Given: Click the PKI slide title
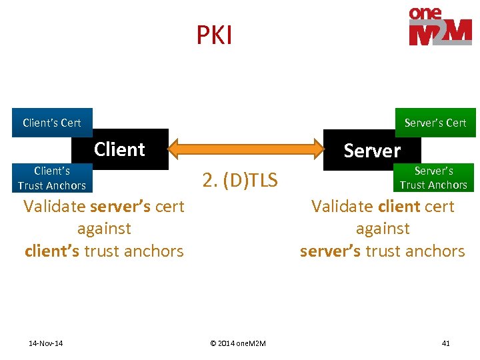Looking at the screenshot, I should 214,35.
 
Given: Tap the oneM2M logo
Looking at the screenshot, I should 440,27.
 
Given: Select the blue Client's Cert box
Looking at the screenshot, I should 52,123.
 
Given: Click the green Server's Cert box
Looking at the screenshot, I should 435,123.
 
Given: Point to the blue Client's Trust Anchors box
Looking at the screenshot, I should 52,178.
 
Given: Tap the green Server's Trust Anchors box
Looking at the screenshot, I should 433,177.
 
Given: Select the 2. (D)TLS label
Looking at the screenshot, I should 240,179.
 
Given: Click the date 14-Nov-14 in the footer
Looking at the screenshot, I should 46,343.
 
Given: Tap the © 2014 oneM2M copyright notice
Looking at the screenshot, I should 238,343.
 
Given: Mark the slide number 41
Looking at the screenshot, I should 445,343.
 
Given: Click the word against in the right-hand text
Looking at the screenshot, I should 383,229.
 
